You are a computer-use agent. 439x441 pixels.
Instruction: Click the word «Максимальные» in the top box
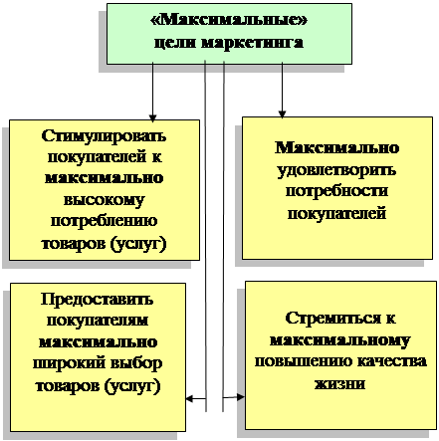229,20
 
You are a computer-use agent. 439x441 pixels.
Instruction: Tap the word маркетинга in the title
252,43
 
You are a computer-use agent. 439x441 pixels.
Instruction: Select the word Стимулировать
104,136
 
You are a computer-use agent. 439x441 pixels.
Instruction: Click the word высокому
105,200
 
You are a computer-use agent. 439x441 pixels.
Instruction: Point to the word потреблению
104,221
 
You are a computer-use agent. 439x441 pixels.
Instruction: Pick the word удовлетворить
336,170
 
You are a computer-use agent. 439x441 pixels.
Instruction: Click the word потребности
336,191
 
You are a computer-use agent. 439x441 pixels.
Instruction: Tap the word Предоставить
98,300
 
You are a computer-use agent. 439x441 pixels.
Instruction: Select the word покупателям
98,321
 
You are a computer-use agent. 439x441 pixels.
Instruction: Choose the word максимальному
340,340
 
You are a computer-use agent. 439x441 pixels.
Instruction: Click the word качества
392,361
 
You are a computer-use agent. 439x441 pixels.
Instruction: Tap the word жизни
339,383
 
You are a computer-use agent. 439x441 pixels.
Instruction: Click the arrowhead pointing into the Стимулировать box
152,117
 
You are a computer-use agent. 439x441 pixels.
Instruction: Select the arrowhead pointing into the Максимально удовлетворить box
282,114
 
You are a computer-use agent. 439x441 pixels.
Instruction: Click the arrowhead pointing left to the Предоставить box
189,398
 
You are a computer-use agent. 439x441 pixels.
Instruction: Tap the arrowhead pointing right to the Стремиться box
241,396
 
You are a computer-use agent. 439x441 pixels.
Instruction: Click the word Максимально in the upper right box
337,148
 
